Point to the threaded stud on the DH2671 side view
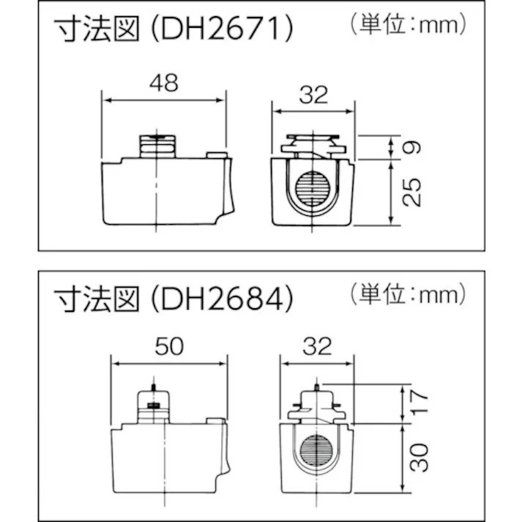click(x=159, y=145)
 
